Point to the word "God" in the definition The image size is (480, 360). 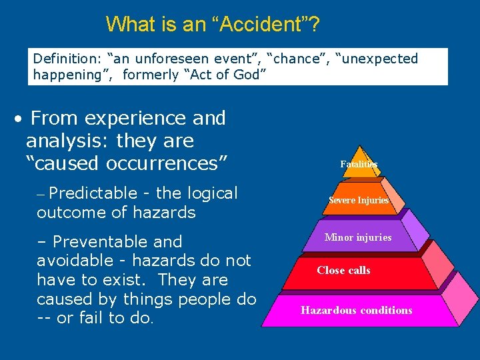249,75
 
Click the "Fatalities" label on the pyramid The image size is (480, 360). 359,164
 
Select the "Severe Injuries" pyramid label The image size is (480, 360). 359,201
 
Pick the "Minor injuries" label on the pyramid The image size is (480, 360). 358,237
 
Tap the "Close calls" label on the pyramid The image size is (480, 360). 343,271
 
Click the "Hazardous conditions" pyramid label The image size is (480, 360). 356,311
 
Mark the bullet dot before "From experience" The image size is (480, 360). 20,120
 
